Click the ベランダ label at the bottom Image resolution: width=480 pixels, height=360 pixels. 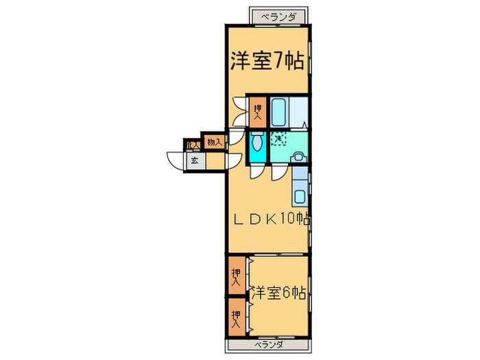point(268,344)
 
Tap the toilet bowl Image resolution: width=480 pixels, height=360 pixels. point(256,143)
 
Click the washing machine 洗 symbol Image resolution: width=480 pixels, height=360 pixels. point(278,140)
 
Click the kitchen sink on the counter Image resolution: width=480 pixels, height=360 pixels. point(302,197)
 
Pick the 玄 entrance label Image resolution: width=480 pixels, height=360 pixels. point(194,161)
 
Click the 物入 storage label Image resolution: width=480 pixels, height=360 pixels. point(214,142)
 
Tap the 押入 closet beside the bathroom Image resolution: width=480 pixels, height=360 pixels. point(257,110)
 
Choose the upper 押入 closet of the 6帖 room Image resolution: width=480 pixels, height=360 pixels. point(236,276)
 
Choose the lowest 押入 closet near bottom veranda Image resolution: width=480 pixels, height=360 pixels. point(236,317)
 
